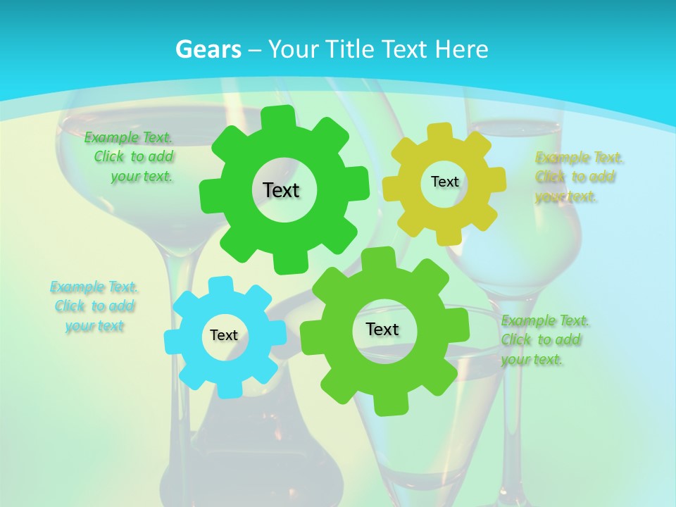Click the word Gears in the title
pyautogui.click(x=208, y=49)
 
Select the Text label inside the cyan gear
pyautogui.click(x=224, y=335)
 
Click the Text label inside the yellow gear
pyautogui.click(x=444, y=182)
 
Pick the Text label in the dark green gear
pyautogui.click(x=281, y=190)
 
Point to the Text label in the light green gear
pyautogui.click(x=382, y=329)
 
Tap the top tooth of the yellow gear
pyautogui.click(x=441, y=132)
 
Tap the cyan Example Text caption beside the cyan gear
pyautogui.click(x=94, y=306)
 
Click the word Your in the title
pyautogui.click(x=291, y=49)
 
